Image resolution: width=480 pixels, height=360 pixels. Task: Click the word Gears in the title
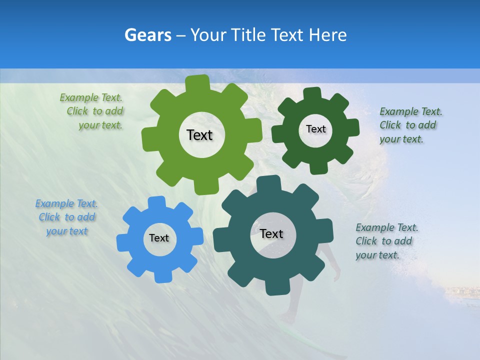147,35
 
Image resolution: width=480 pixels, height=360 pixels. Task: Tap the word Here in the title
327,35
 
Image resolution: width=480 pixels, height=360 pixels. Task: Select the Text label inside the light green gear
199,135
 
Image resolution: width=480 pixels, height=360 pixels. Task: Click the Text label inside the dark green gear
315,129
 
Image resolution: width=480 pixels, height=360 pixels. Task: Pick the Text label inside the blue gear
159,238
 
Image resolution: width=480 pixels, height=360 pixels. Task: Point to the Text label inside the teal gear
271,234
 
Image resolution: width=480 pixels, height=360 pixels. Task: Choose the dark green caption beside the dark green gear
410,125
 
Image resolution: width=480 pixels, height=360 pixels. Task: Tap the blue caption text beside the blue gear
66,217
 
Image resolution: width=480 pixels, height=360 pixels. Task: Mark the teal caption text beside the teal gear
386,241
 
